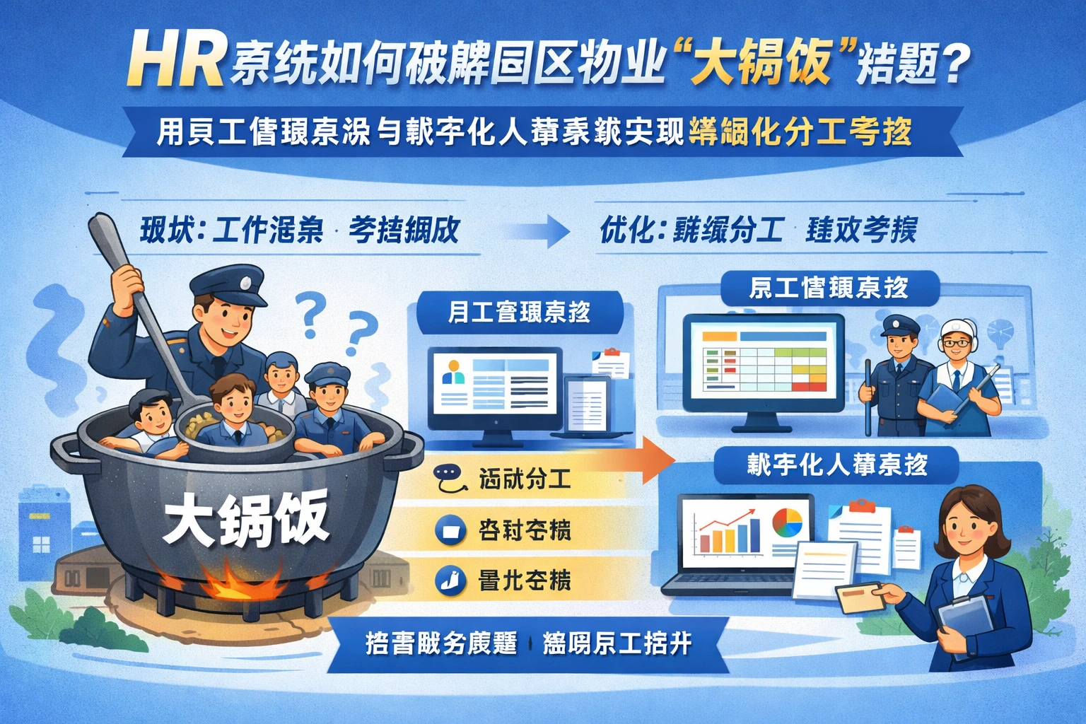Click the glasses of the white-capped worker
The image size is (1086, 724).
956,343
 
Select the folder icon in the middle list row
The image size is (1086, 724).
450,530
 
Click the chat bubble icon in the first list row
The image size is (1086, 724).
449,479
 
